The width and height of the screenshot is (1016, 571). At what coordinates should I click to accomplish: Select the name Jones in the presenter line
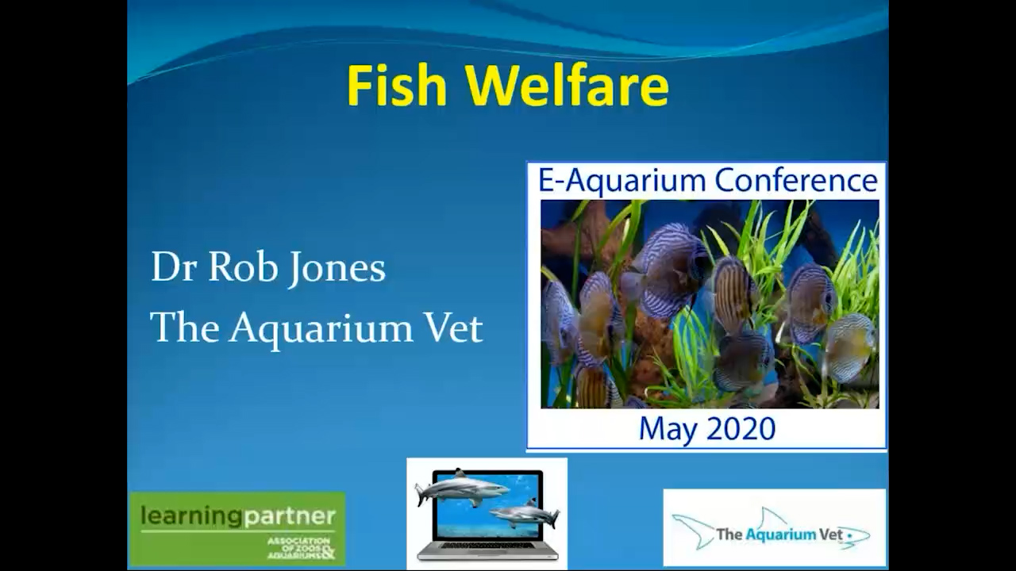(337, 268)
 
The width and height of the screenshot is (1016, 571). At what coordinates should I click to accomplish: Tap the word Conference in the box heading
(795, 180)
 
